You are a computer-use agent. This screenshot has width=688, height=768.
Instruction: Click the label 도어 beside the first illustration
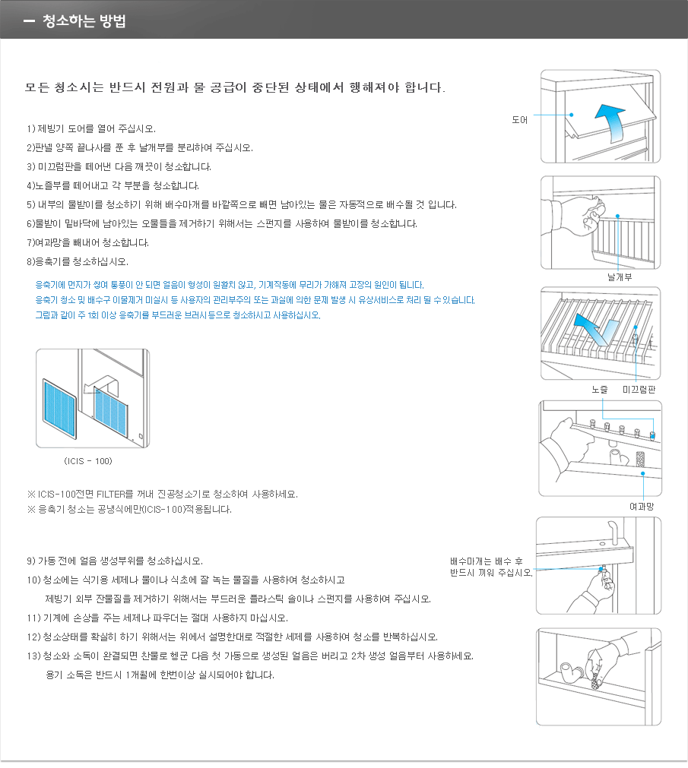coord(519,119)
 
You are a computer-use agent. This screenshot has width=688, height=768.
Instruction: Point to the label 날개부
coord(620,277)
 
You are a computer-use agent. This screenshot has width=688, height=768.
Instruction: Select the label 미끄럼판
coord(639,389)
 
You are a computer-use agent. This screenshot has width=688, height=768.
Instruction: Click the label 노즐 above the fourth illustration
coord(600,389)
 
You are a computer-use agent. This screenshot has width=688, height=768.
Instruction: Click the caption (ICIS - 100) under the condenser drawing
coord(88,460)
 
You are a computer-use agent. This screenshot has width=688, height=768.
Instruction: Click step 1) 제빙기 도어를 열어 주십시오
coord(90,128)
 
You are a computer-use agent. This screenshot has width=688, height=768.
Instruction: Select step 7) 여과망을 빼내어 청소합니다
coord(87,242)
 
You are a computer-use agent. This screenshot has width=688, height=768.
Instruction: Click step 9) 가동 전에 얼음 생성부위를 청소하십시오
coord(114,561)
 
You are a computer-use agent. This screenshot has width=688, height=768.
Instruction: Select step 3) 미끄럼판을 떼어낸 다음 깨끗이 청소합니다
coord(119,166)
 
